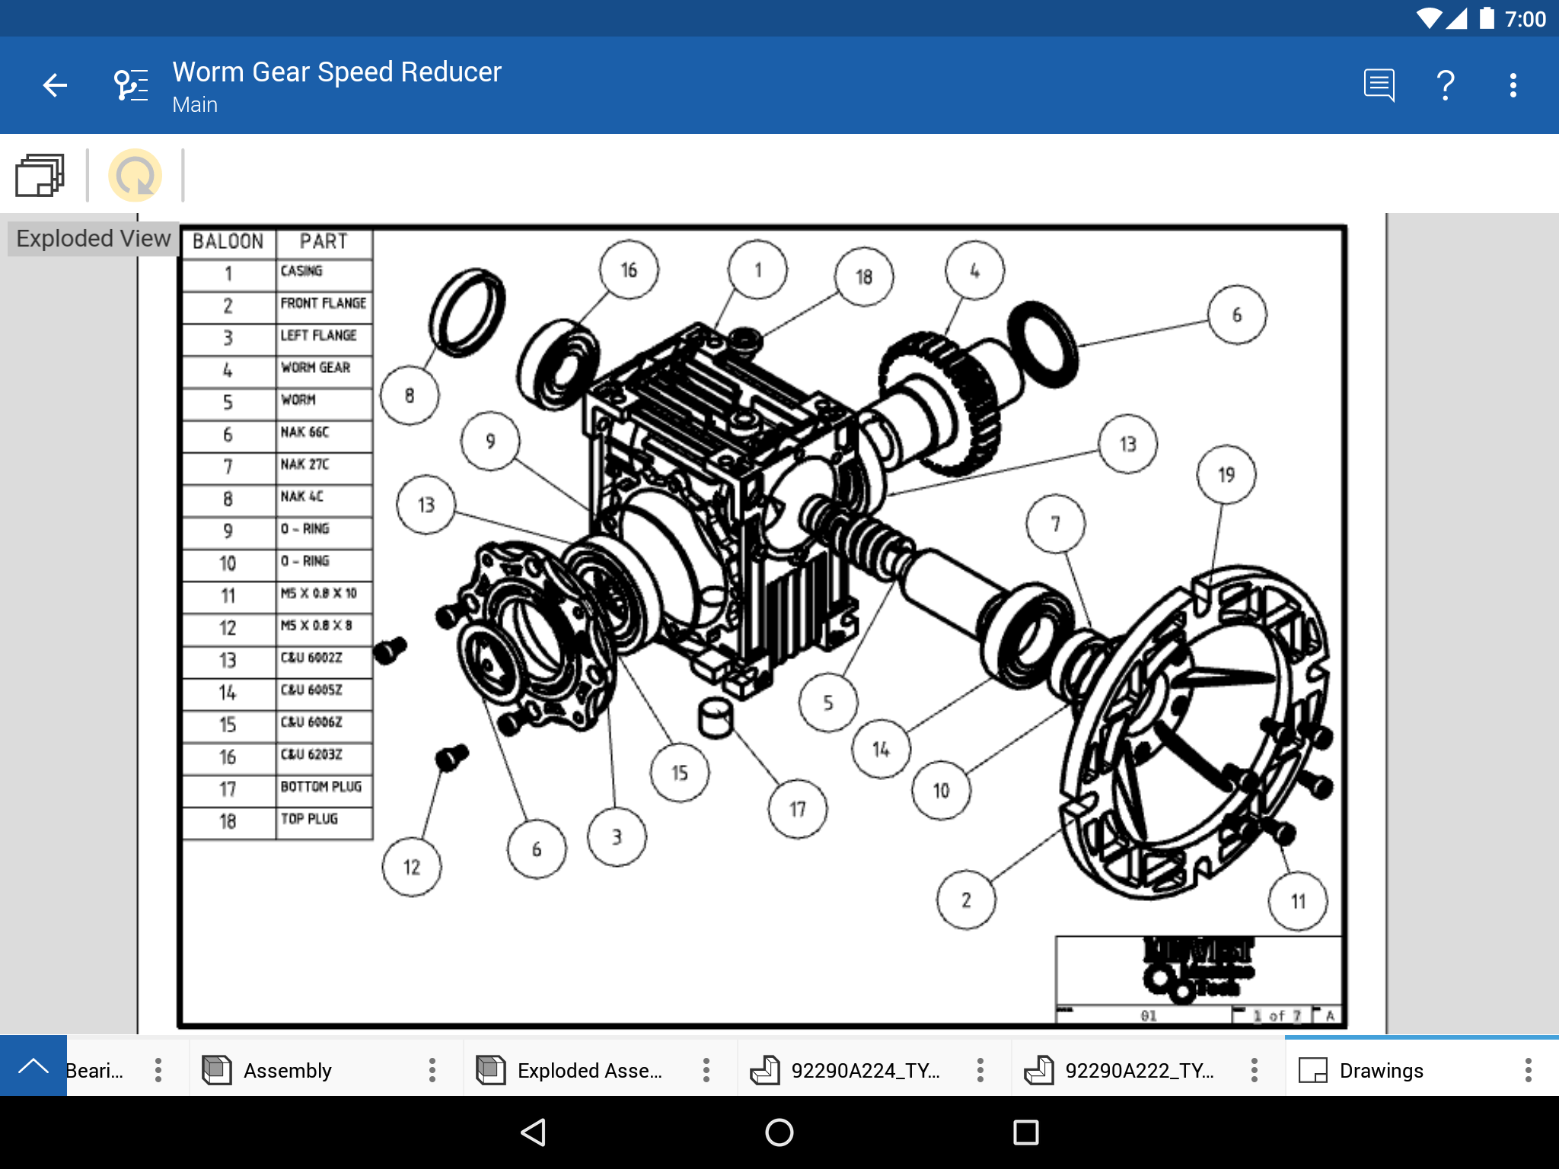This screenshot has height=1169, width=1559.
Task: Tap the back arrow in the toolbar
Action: pos(55,85)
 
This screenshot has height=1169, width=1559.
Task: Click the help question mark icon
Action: pos(1445,85)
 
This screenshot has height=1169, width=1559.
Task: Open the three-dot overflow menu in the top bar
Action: pos(1513,85)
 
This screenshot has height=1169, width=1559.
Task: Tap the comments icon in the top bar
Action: pos(1379,85)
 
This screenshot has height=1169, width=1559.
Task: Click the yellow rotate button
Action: pos(135,175)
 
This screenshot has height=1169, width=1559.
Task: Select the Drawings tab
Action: pos(1380,1070)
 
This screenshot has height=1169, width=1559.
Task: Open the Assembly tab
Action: pos(287,1070)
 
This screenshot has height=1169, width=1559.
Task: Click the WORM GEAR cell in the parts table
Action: pos(324,368)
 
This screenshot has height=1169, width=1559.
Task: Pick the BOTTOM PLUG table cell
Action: pos(324,787)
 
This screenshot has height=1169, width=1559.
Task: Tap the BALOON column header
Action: pos(228,241)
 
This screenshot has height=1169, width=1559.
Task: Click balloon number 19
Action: pos(1226,475)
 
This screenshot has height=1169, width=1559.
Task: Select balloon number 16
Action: pos(628,270)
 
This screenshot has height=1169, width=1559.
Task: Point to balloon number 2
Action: pos(965,900)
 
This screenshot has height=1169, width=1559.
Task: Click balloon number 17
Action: pos(797,809)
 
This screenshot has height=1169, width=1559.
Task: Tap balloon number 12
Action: pos(411,867)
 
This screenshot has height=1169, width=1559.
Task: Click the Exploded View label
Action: pos(93,238)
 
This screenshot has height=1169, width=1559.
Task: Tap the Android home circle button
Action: pos(779,1132)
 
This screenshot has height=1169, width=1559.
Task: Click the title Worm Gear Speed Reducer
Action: pos(336,72)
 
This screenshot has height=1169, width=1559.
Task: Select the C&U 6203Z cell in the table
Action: pos(324,755)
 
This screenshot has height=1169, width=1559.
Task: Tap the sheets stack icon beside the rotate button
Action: pos(40,175)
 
